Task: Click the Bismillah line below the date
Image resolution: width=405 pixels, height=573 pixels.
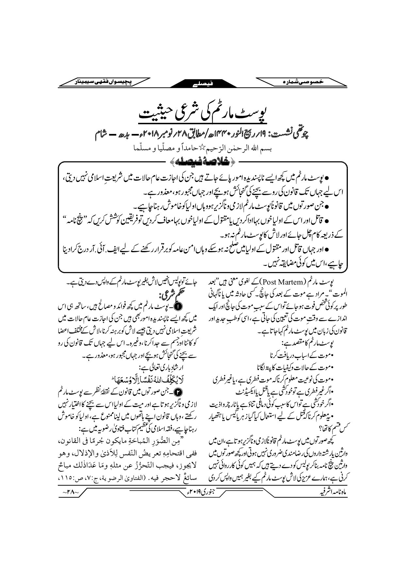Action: [202, 148]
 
